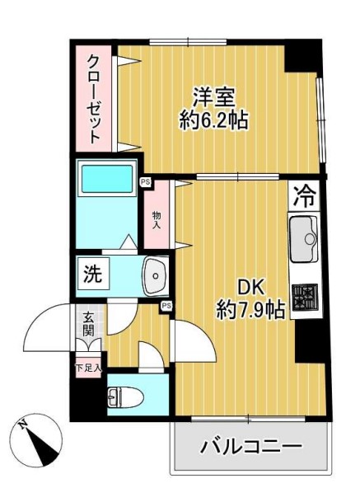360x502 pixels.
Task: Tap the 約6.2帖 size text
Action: pyautogui.click(x=214, y=121)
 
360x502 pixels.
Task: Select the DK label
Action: pyautogui.click(x=250, y=286)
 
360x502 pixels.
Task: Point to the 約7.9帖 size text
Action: pyautogui.click(x=250, y=309)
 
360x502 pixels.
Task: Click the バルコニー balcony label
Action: pyautogui.click(x=250, y=448)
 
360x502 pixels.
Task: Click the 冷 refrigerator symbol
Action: pyautogui.click(x=306, y=197)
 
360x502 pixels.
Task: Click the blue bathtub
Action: pyautogui.click(x=107, y=179)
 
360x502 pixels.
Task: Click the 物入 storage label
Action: pyautogui.click(x=156, y=219)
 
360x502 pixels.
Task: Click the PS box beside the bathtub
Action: pyautogui.click(x=146, y=183)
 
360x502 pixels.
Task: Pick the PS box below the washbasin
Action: pyautogui.click(x=166, y=307)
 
